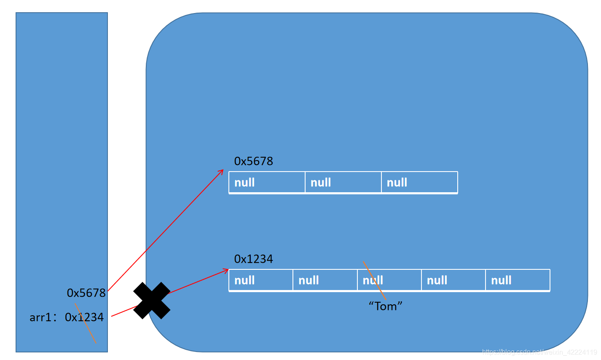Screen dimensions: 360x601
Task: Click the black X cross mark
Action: click(152, 301)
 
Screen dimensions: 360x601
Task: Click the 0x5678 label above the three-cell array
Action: click(253, 161)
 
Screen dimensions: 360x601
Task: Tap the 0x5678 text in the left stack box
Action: click(86, 293)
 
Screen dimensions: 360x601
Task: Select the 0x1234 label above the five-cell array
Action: click(253, 259)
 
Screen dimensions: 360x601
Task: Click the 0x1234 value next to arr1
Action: click(84, 317)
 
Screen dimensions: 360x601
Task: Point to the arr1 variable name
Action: click(40, 317)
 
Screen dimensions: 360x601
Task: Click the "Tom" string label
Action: click(386, 306)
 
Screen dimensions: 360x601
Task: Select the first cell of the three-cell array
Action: click(267, 183)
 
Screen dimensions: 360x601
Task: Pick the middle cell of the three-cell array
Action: click(343, 183)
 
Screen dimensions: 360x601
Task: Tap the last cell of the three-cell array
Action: click(419, 183)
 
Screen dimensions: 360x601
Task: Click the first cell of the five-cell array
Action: click(261, 280)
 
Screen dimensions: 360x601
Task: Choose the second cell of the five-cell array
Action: click(325, 280)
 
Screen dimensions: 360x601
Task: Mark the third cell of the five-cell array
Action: click(389, 280)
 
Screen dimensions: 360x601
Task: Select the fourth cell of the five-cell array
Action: click(453, 280)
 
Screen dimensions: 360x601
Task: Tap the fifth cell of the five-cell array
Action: click(518, 280)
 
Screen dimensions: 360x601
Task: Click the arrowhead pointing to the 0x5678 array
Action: click(221, 171)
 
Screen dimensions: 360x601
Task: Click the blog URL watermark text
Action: click(539, 352)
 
